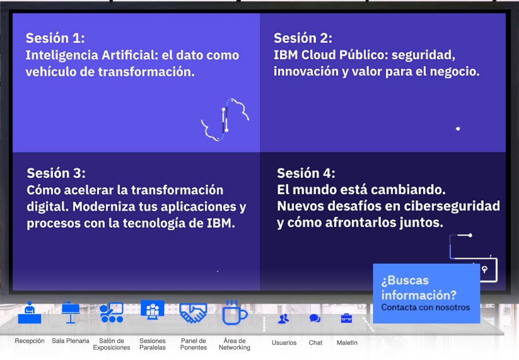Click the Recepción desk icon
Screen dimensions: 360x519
29,313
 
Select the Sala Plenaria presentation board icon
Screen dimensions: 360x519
70,312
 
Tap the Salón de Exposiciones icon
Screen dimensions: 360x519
112,312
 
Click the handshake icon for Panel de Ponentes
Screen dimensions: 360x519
193,313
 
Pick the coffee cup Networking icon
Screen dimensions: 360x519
234,313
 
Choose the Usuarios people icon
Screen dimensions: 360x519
283,319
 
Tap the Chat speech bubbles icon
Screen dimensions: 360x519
315,319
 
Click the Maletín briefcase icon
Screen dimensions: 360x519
347,318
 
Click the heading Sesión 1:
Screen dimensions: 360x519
55,38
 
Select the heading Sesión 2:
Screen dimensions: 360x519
303,38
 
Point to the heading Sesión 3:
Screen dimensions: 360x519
56,173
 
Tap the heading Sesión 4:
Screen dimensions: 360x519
306,173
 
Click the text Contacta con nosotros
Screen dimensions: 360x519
425,307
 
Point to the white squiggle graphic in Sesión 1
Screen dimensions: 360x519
225,120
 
